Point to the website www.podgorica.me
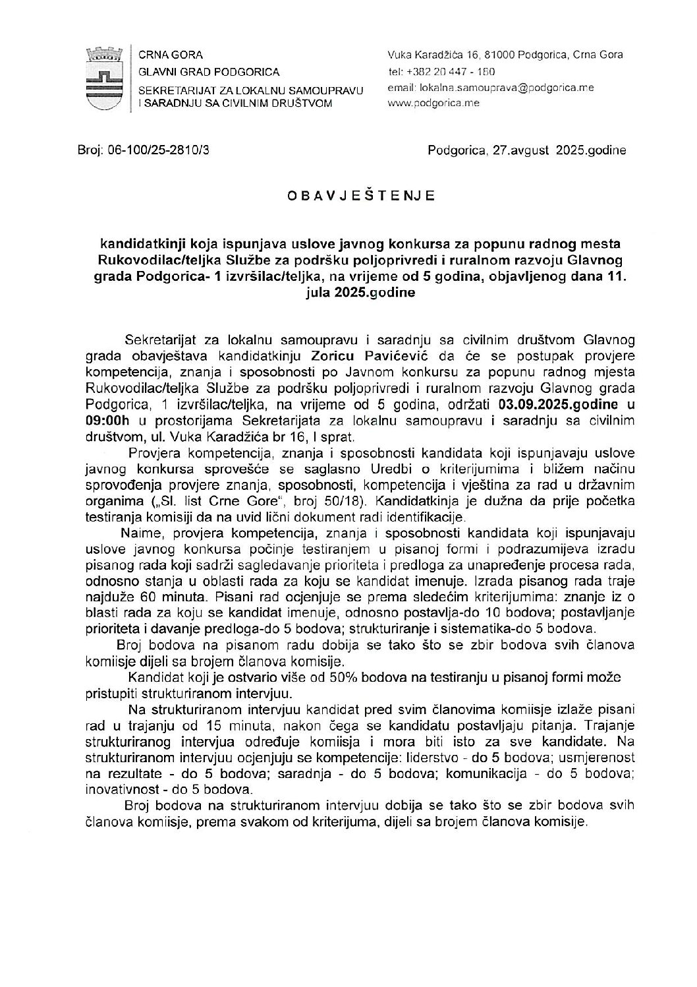point(433,103)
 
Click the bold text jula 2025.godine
point(360,293)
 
